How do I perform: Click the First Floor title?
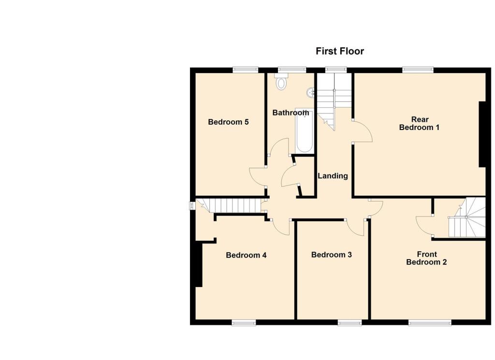pos(339,51)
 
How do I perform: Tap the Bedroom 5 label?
pos(228,122)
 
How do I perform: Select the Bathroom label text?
pos(290,113)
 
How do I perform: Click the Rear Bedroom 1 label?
pos(419,124)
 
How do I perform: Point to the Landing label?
pos(333,176)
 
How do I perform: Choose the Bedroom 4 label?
pos(246,255)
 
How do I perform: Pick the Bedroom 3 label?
pos(331,255)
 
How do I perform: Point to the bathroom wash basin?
pos(311,91)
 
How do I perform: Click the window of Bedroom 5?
pos(245,70)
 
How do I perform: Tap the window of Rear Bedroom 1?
pos(418,70)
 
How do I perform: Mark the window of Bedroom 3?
pos(349,323)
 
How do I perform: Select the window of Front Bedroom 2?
pos(430,323)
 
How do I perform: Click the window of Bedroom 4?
pos(243,323)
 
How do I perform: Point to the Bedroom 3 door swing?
pos(357,227)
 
